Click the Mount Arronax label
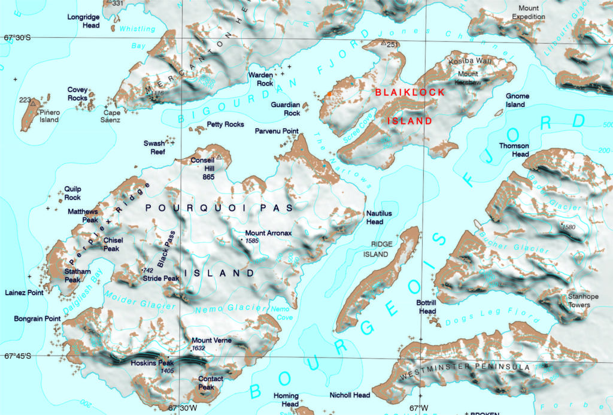point(268,233)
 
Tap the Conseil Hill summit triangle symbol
point(219,157)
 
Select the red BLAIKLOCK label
point(410,92)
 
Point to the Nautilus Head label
point(379,217)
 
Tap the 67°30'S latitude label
point(17,38)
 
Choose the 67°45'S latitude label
point(17,356)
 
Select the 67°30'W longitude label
point(184,408)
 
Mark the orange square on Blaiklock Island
point(328,94)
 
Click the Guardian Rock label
point(286,108)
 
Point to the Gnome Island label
point(517,100)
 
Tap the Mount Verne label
point(211,340)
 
